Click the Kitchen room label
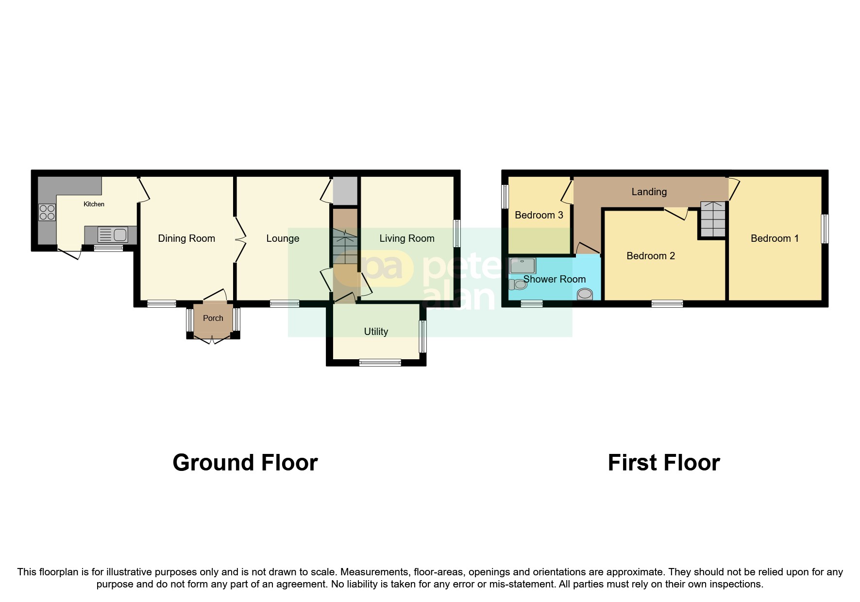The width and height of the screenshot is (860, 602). [x=94, y=204]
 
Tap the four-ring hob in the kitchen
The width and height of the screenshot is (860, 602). [x=47, y=213]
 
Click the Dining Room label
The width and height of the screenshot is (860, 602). [x=186, y=238]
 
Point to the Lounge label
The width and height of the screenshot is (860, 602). [x=283, y=238]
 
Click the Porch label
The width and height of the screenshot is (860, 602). [x=213, y=318]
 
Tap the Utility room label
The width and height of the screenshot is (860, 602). [x=376, y=332]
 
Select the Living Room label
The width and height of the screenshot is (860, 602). [x=406, y=238]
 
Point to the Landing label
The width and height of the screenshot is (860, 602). [x=649, y=192]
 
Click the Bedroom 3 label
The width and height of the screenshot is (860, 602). [x=539, y=215]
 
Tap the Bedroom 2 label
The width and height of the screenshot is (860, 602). [x=650, y=256]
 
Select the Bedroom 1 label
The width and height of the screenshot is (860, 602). [x=774, y=238]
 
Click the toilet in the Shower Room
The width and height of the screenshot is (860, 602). [x=518, y=284]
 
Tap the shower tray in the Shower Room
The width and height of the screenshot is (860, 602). [x=522, y=266]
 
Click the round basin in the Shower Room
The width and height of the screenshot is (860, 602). [x=585, y=294]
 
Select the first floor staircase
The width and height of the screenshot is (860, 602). [x=712, y=219]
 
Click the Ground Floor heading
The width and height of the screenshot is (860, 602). [x=245, y=463]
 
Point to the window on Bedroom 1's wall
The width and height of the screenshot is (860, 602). [x=825, y=229]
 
